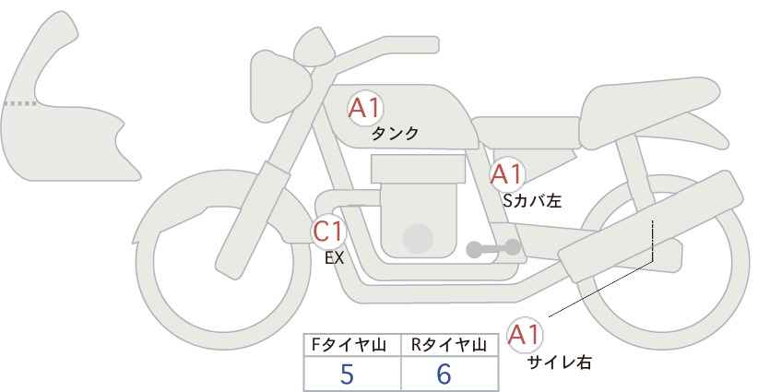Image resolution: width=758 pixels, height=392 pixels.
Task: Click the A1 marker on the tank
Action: pyautogui.click(x=365, y=108)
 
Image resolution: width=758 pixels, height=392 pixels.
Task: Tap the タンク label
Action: pyautogui.click(x=395, y=134)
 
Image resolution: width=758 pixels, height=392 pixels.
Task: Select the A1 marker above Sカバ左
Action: pyautogui.click(x=506, y=174)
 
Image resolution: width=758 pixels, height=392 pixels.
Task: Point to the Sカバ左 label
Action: pyautogui.click(x=532, y=200)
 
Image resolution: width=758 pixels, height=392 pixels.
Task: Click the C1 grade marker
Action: pyautogui.click(x=328, y=232)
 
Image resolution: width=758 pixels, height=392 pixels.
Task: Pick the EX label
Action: pyautogui.click(x=334, y=258)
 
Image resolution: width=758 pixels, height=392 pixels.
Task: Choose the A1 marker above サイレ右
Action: pyautogui.click(x=525, y=335)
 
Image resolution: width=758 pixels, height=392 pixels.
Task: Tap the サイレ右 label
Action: pyautogui.click(x=559, y=362)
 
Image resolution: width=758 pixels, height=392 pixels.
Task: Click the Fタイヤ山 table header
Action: pyautogui.click(x=349, y=345)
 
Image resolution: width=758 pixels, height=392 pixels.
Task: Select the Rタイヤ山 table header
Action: pyautogui.click(x=448, y=345)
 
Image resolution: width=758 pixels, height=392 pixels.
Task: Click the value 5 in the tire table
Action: pyautogui.click(x=347, y=374)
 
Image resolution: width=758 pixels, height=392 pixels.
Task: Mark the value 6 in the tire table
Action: pyautogui.click(x=444, y=374)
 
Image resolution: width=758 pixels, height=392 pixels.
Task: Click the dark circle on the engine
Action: pyautogui.click(x=418, y=238)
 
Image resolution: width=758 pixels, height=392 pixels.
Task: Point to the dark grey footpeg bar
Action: pyautogui.click(x=493, y=248)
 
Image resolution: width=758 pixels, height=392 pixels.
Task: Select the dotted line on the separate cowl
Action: pyautogui.click(x=19, y=103)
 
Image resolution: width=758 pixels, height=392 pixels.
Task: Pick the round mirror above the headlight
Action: pyautogui.click(x=314, y=46)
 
